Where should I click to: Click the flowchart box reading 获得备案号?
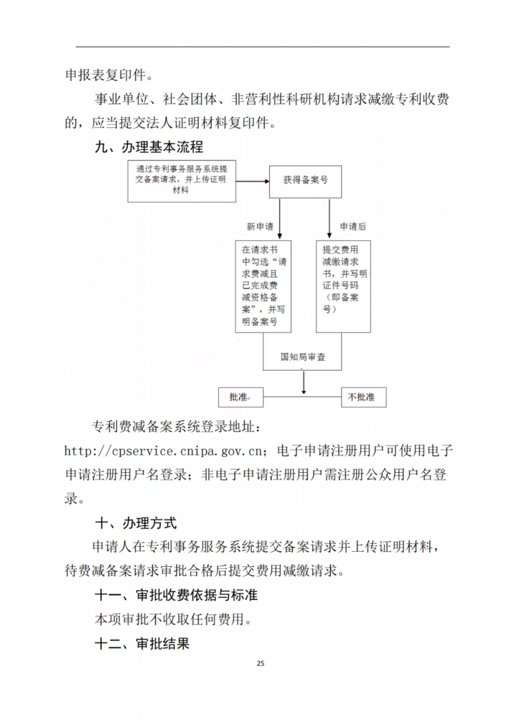tap(305, 180)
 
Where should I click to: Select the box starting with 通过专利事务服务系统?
tap(181, 180)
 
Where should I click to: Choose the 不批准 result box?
tap(363, 397)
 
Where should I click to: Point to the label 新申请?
tap(260, 226)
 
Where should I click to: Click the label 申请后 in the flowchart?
tap(353, 226)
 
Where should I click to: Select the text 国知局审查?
tap(303, 357)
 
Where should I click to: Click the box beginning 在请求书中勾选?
tap(263, 286)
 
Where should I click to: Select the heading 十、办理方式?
tap(136, 523)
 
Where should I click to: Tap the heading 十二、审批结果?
tap(143, 644)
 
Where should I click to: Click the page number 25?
tap(260, 663)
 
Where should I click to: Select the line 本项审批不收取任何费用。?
tap(173, 620)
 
